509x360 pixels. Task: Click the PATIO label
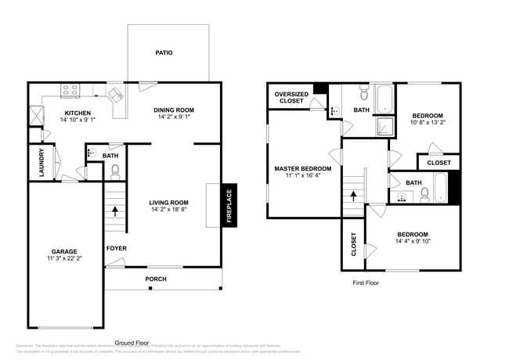[164, 53]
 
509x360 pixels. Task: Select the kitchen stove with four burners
[70, 90]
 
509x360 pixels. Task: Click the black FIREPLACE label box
[229, 206]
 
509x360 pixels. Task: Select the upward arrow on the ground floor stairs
[116, 210]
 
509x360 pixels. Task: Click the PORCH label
[156, 279]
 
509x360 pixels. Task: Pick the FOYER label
[117, 249]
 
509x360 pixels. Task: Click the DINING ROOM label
[173, 110]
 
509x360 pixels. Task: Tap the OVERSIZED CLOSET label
[291, 98]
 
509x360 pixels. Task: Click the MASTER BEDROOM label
[302, 168]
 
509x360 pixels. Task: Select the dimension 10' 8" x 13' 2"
[428, 123]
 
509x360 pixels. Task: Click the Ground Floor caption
[132, 343]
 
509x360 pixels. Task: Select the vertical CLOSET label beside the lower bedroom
[354, 244]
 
